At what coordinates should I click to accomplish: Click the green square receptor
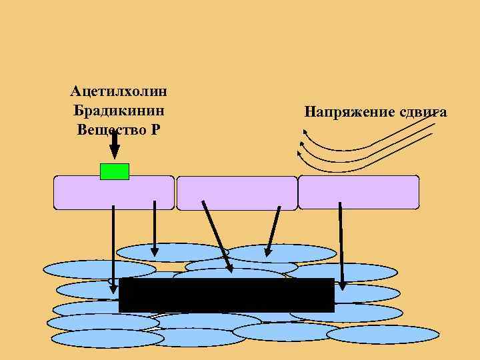[114, 171]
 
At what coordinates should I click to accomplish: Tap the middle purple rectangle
[237, 193]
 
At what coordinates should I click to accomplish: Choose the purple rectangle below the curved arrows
[359, 193]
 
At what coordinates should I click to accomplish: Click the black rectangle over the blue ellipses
[226, 295]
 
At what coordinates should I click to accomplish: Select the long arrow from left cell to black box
[113, 247]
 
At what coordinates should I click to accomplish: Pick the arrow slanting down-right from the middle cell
[217, 237]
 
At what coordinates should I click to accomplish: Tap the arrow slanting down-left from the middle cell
[271, 230]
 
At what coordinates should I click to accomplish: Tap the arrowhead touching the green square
[114, 157]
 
